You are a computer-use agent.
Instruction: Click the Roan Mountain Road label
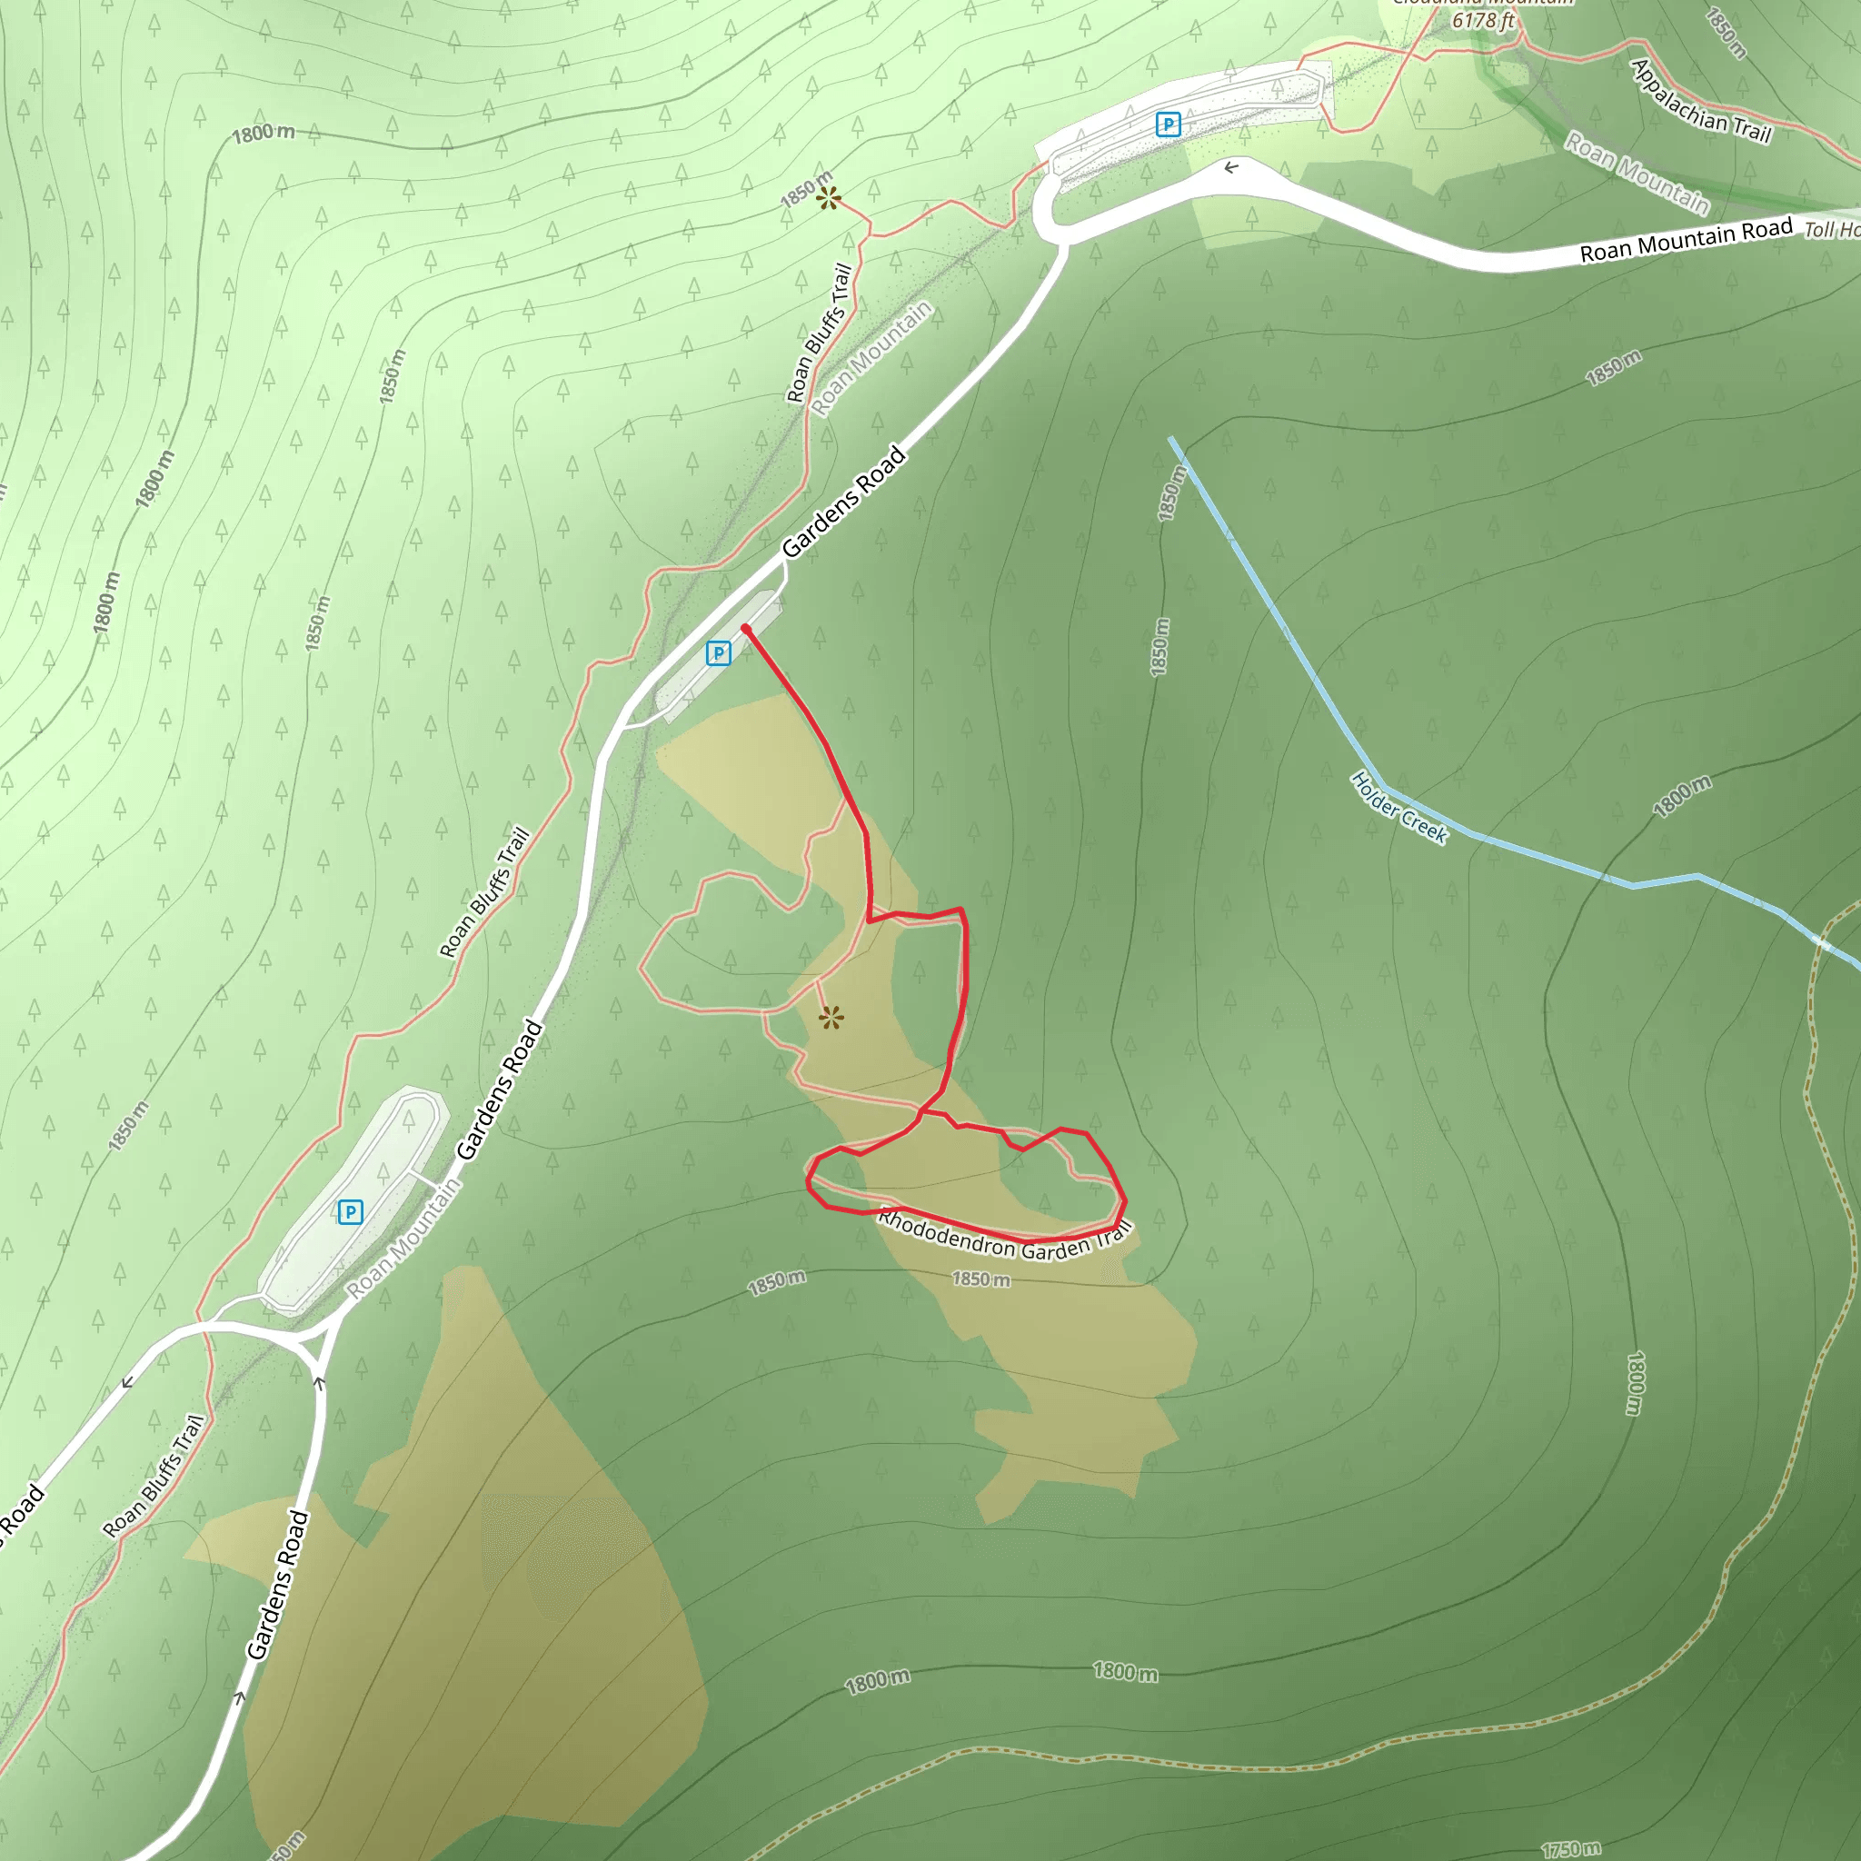pyautogui.click(x=1686, y=240)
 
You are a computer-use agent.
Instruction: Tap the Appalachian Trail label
pyautogui.click(x=1700, y=101)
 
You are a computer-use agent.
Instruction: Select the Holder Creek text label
pyautogui.click(x=1398, y=807)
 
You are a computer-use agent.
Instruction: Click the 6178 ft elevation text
pyautogui.click(x=1483, y=19)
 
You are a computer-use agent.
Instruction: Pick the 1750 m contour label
pyautogui.click(x=1570, y=1848)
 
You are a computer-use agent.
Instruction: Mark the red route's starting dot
pyautogui.click(x=745, y=629)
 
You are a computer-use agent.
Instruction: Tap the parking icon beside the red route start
pyautogui.click(x=719, y=653)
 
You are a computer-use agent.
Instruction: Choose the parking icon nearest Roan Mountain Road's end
pyautogui.click(x=1168, y=124)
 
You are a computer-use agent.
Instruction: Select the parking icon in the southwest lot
pyautogui.click(x=351, y=1212)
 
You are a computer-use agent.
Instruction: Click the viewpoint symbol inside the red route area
pyautogui.click(x=831, y=1017)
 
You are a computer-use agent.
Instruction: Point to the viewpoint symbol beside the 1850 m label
pyautogui.click(x=829, y=198)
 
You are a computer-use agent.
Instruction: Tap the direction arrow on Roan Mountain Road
pyautogui.click(x=1231, y=167)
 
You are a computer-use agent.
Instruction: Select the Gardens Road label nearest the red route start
pyautogui.click(x=844, y=501)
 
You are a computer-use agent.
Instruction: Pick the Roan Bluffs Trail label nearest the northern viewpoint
pyautogui.click(x=820, y=333)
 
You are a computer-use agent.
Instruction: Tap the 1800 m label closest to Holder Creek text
pyautogui.click(x=1682, y=797)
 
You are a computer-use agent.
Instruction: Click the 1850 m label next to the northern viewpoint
pyautogui.click(x=805, y=189)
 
